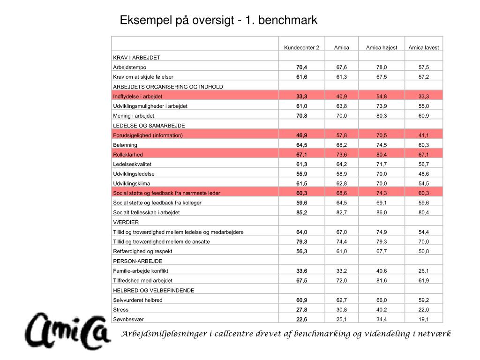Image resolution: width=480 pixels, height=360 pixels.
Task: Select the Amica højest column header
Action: coord(381,48)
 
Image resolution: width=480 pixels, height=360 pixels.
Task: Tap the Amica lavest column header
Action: coord(424,48)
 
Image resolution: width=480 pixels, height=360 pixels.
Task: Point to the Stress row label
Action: coord(120,309)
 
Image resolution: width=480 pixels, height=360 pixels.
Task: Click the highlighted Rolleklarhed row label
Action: coord(127,154)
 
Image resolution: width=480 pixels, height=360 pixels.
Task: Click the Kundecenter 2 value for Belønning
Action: coord(301,145)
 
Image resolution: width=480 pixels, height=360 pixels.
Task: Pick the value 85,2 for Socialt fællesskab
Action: coord(301,212)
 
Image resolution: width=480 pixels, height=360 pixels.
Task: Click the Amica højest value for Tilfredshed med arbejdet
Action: coord(381,280)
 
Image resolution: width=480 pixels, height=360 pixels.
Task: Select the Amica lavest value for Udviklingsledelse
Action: coord(424,174)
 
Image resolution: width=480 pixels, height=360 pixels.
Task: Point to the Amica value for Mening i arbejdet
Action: coord(342,116)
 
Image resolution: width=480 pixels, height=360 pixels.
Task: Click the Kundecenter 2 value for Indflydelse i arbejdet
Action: coord(301,96)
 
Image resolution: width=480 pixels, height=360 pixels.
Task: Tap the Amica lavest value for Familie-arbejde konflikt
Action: coord(424,270)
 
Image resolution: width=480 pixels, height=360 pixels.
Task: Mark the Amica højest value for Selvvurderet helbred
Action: coord(381,300)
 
